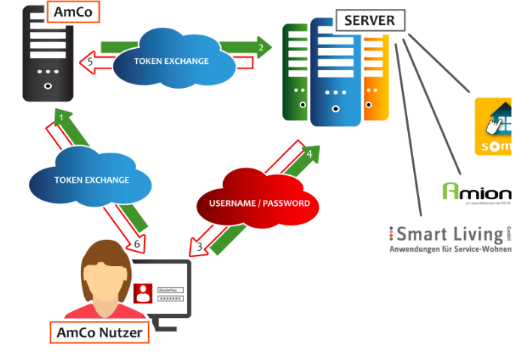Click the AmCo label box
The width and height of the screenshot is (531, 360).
click(x=73, y=12)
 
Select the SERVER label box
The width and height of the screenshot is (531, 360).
click(x=370, y=21)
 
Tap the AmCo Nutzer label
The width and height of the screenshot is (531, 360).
click(x=99, y=332)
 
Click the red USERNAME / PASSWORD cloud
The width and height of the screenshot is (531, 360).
click(x=258, y=204)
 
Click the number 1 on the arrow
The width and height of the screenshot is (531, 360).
click(x=62, y=119)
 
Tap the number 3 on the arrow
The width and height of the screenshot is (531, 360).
click(x=200, y=246)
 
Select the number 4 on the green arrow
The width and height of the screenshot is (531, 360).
click(x=309, y=154)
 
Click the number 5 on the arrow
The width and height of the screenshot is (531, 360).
click(x=90, y=63)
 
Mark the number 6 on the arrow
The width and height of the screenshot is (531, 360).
click(x=137, y=244)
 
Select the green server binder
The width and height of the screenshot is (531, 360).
click(x=295, y=71)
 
